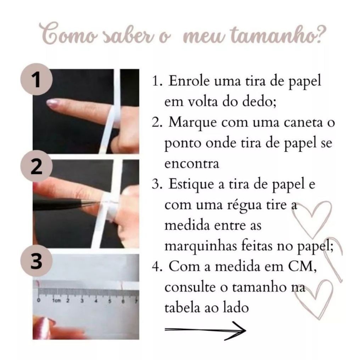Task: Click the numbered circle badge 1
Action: coord(36,79)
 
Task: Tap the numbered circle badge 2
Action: coord(36,166)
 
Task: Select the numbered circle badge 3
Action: coord(36,261)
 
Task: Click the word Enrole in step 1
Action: coord(189,81)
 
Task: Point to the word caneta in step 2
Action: coord(303,123)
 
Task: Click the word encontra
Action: coord(192,164)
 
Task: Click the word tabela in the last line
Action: coord(182,308)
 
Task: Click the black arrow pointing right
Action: coord(205,330)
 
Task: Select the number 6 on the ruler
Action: coord(123,301)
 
